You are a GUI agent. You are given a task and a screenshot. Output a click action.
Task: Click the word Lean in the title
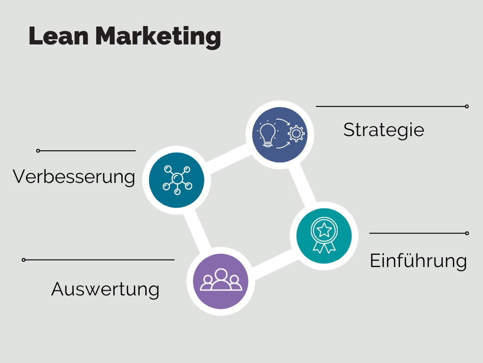tap(58, 36)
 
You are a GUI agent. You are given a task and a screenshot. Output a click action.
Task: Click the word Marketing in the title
tap(158, 37)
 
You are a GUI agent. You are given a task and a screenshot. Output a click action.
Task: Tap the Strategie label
tap(384, 130)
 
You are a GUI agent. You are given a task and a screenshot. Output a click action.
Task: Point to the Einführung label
tap(418, 261)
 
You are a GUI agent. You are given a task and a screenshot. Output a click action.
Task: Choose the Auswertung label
tap(105, 290)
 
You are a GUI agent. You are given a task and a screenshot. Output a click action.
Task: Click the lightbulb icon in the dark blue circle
tap(267, 135)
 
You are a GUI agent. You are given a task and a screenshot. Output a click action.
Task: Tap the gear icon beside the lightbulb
tap(296, 134)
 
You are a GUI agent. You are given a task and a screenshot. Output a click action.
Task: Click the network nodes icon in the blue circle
tap(177, 180)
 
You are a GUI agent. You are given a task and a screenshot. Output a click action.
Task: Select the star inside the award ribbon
tap(324, 230)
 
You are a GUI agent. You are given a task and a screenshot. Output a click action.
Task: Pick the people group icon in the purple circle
tap(221, 280)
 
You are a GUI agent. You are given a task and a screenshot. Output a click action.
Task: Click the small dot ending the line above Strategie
tap(466, 106)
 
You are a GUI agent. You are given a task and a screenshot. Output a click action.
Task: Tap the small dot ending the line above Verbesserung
tap(38, 151)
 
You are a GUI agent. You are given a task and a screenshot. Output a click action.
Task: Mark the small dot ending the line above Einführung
tap(467, 233)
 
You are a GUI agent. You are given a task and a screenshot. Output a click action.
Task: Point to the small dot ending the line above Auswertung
tap(24, 260)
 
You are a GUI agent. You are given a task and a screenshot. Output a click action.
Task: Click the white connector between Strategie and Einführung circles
tap(302, 185)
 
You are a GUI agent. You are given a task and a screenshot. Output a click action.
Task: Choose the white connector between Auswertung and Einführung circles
tap(273, 264)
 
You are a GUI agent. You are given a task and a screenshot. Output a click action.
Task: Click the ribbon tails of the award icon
tap(324, 247)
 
